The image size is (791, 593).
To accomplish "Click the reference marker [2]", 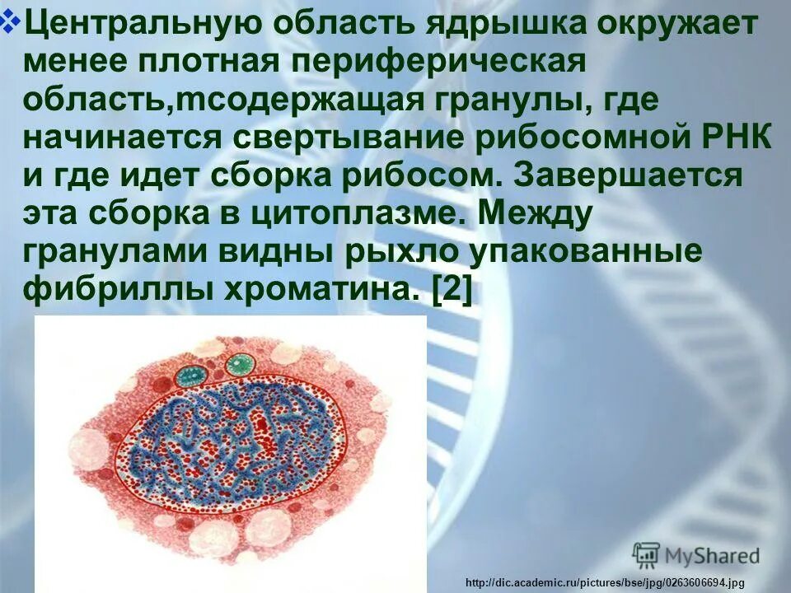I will coord(452,290).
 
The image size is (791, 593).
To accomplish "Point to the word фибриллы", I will coord(115,290).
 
